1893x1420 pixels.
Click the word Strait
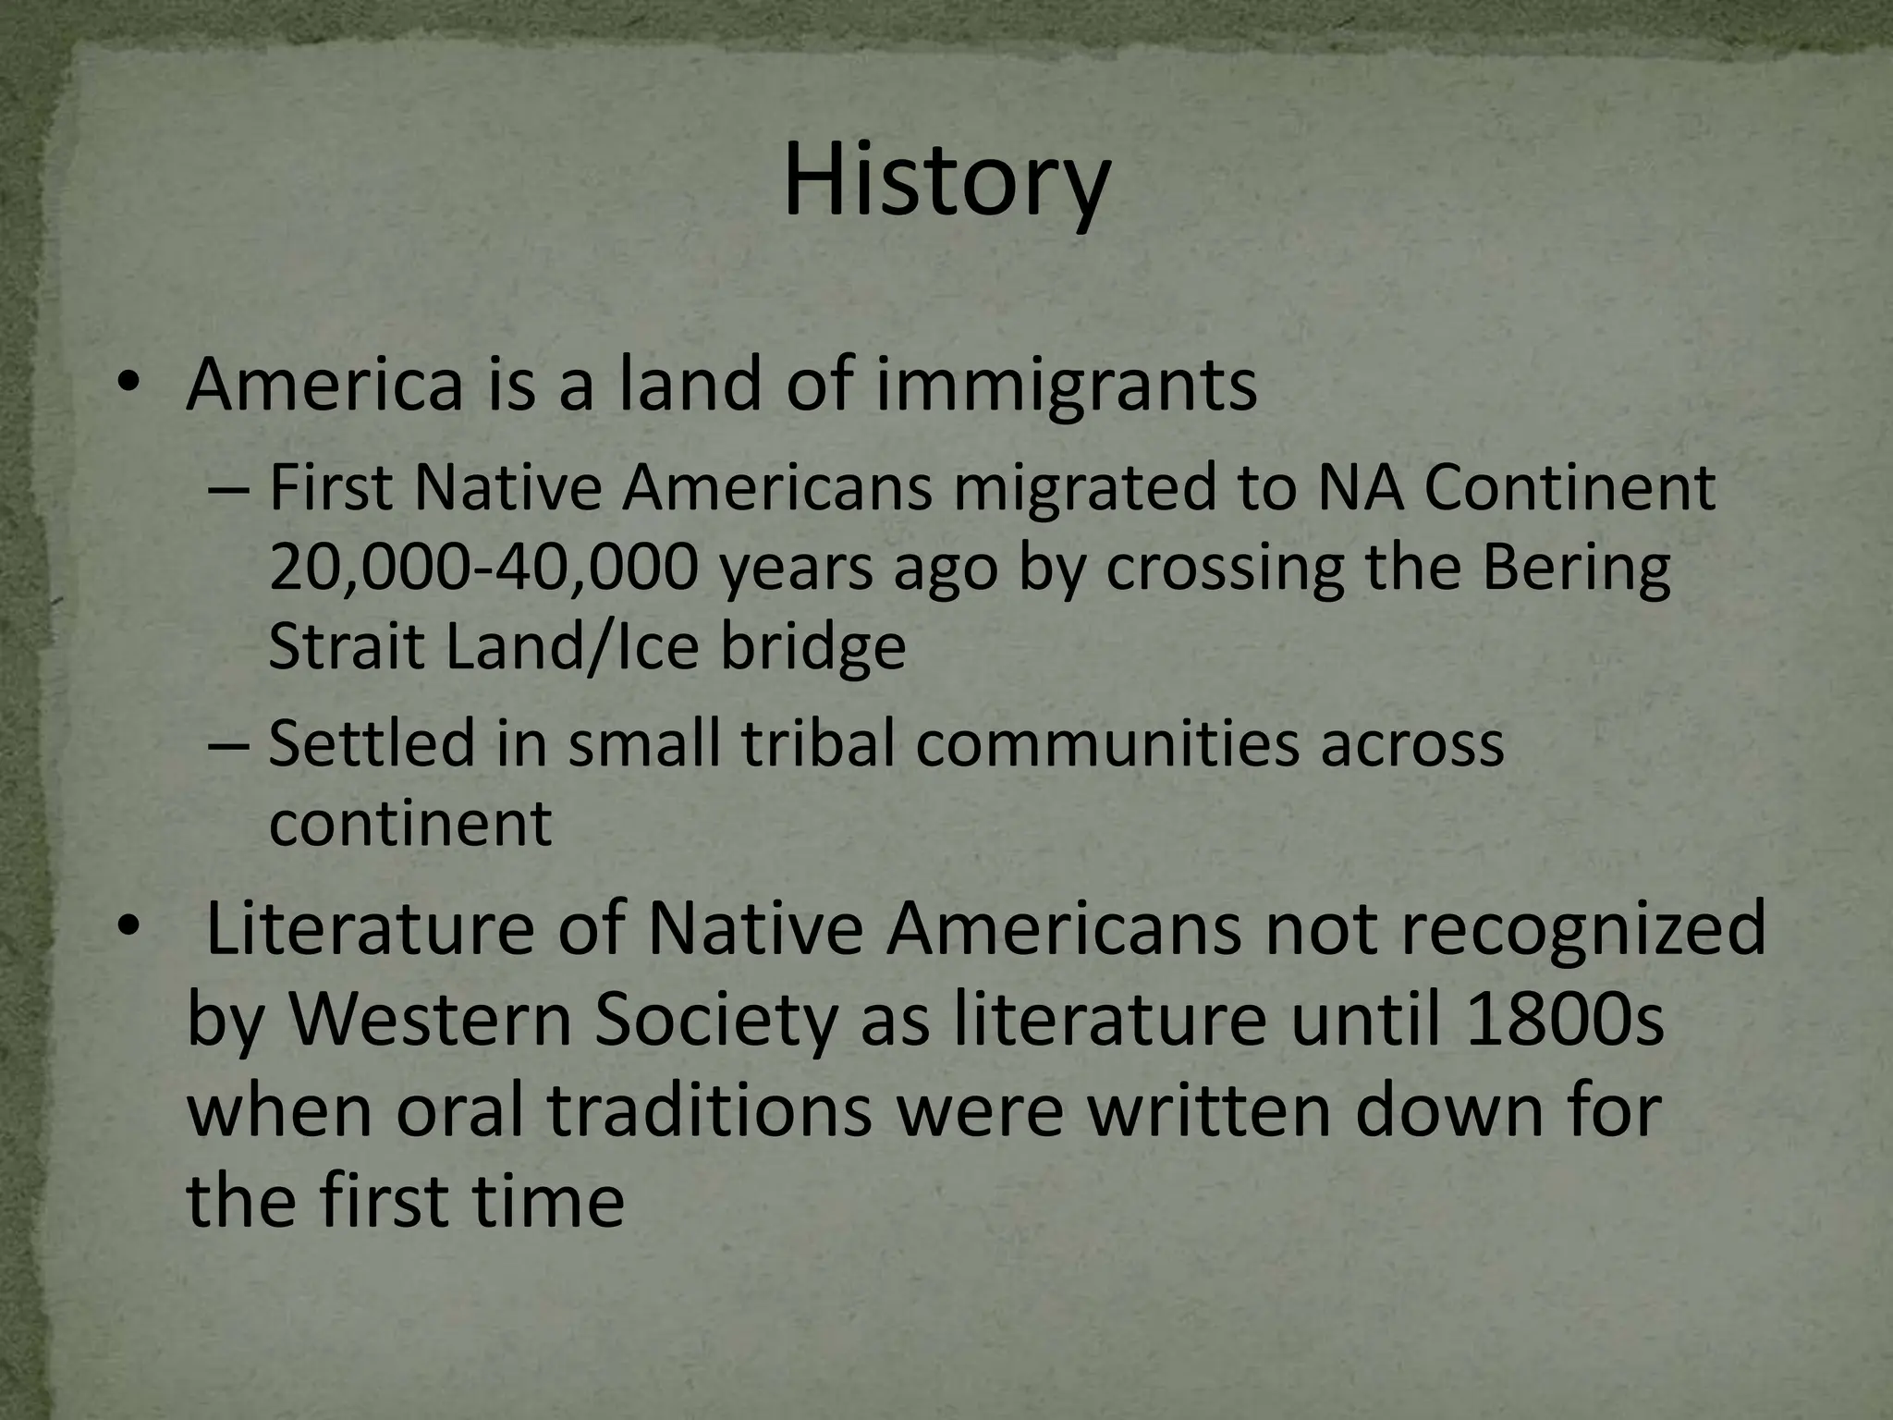pos(347,647)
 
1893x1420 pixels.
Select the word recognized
pos(1516,929)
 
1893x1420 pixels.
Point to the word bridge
pos(812,647)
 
